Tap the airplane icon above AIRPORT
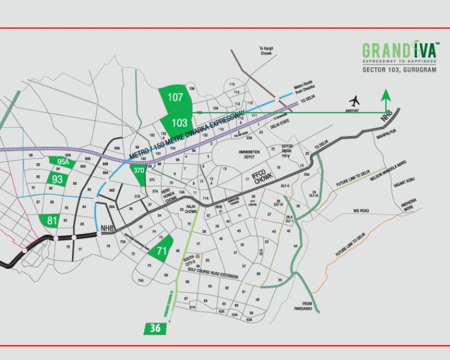355,100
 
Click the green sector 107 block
175,98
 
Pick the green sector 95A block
63,161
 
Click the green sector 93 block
58,179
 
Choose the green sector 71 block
160,251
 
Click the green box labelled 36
155,328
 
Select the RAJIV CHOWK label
191,209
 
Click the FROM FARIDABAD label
308,305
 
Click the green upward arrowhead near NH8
385,93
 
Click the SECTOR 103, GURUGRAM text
399,70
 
